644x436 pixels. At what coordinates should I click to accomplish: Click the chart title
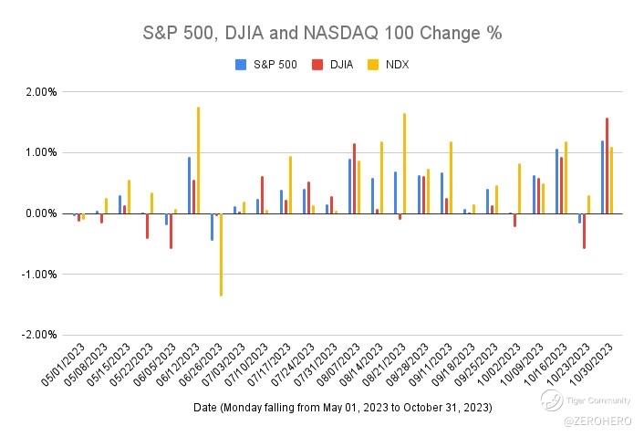click(322, 34)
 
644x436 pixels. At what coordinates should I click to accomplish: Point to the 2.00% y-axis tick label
click(41, 92)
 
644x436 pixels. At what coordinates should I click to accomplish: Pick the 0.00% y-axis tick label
click(41, 213)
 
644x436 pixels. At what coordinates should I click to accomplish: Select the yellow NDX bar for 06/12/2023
click(198, 160)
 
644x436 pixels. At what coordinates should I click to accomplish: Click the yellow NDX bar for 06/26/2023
click(221, 254)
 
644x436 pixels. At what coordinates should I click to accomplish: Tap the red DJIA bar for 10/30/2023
click(607, 165)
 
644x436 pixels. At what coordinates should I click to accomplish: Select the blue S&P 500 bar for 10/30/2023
click(602, 177)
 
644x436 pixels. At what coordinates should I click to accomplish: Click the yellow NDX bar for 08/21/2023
click(404, 163)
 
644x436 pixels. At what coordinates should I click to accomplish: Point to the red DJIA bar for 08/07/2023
click(354, 178)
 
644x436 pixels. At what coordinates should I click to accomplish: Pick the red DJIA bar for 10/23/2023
click(584, 231)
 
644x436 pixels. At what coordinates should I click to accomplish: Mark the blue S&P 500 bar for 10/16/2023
click(556, 181)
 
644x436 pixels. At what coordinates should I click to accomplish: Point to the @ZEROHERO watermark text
click(592, 421)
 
